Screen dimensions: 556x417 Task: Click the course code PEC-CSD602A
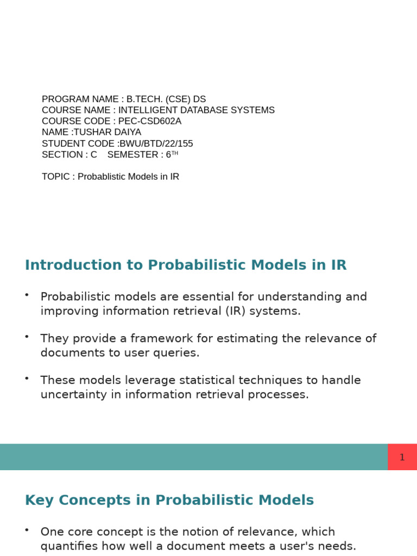coord(150,121)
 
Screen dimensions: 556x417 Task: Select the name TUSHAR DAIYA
coord(108,132)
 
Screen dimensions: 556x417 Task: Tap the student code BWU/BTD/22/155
coord(156,143)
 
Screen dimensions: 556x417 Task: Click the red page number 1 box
coord(402,457)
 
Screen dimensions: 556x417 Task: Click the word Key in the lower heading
coord(39,500)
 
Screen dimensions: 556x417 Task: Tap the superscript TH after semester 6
coord(175,153)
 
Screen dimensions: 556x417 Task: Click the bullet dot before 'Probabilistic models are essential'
coord(27,294)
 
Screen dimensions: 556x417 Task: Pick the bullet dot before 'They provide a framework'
coord(27,336)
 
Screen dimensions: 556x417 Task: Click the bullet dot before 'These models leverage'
coord(27,378)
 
